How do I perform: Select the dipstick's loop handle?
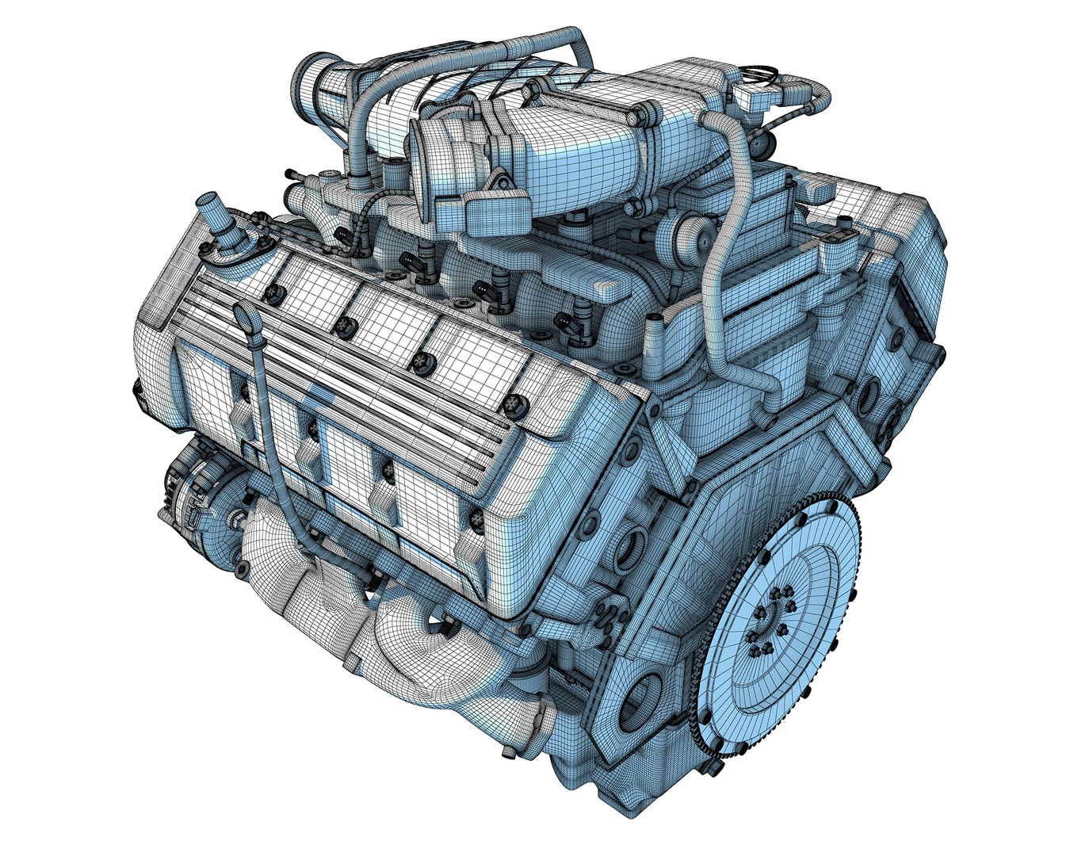[244, 315]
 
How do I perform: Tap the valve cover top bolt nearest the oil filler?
[275, 292]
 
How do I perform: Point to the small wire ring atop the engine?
[760, 72]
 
